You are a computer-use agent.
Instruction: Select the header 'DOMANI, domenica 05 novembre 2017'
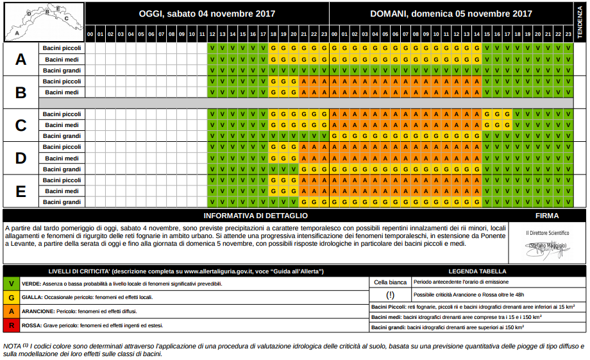pos(451,13)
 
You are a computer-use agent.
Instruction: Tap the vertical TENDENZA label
pos(580,22)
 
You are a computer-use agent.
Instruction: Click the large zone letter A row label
pos(21,59)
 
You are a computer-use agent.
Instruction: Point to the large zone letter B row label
pos(21,92)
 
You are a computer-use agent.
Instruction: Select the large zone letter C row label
pos(21,125)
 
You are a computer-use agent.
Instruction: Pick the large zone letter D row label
pos(21,158)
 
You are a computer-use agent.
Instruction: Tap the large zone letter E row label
pos(21,191)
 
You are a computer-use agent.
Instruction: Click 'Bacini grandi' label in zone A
pos(62,70)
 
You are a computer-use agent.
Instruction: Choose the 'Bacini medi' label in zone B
pos(62,92)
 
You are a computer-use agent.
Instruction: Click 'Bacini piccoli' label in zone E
pos(62,180)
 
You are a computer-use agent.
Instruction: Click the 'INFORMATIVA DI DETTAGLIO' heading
pos(255,216)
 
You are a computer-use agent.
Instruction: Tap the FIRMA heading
pos(546,216)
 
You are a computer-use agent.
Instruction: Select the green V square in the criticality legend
pos(11,283)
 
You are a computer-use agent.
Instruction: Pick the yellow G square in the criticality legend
pos(11,297)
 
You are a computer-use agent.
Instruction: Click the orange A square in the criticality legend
pos(11,311)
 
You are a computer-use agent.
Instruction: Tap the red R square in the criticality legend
pos(11,325)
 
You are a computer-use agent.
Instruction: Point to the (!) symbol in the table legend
pos(390,296)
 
